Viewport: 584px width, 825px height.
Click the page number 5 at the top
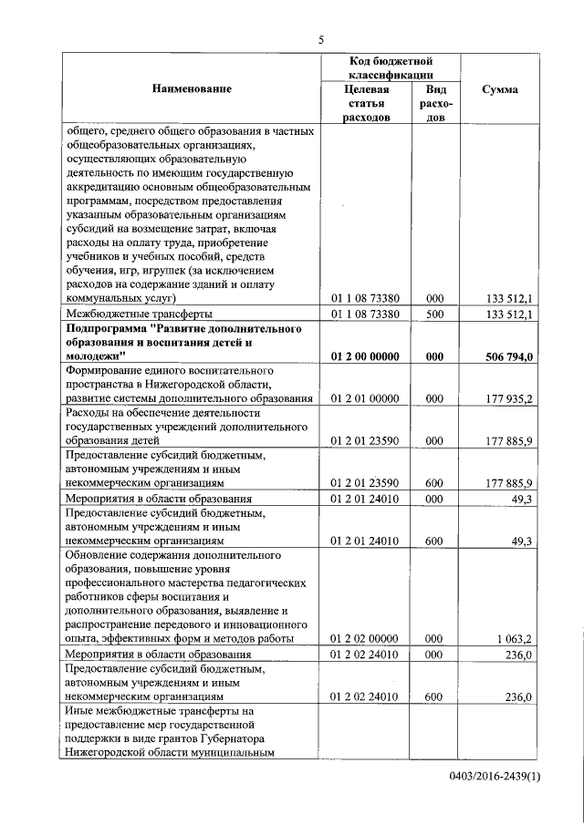[x=321, y=39]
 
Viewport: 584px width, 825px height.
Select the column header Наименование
[x=193, y=88]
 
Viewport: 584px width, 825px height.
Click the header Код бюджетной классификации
[x=390, y=67]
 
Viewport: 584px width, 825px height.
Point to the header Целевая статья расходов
[x=367, y=103]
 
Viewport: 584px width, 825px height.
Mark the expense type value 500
[x=434, y=314]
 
